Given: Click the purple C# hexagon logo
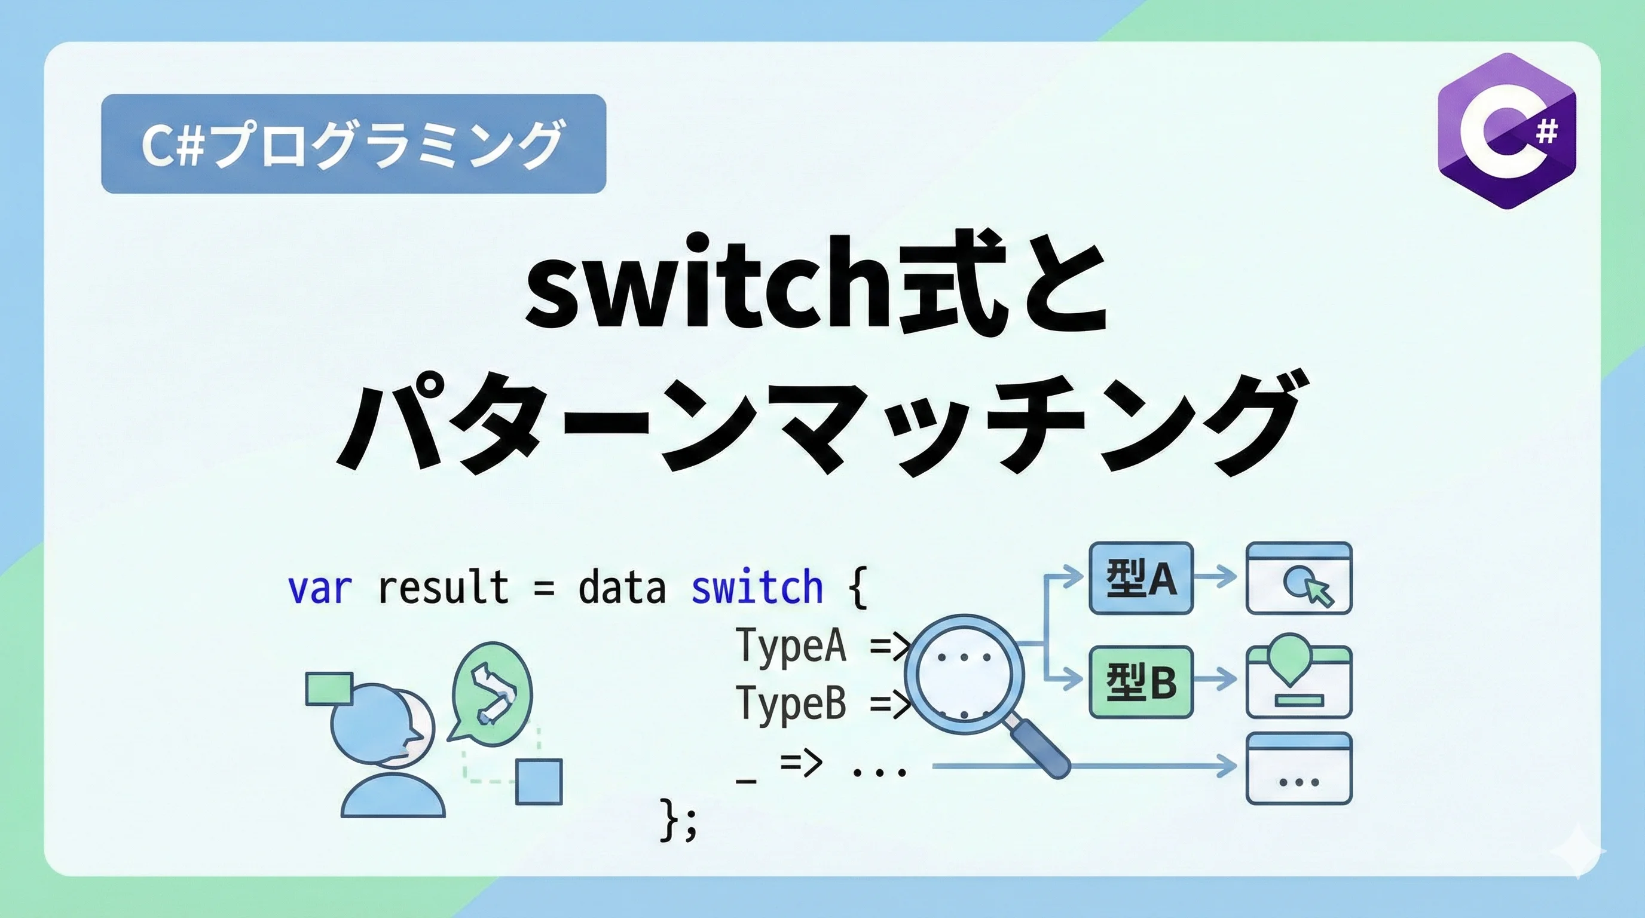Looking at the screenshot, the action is click(x=1506, y=131).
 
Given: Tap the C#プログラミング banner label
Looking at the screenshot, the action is click(x=353, y=143).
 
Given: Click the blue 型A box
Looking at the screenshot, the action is click(x=1141, y=578).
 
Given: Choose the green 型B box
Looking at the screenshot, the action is click(x=1141, y=681).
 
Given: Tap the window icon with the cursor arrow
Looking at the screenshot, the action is click(x=1299, y=578).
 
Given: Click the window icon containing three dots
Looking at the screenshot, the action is click(x=1299, y=768).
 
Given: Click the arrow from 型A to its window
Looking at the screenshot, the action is click(x=1215, y=578).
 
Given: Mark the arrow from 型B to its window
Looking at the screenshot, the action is click(x=1215, y=680).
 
